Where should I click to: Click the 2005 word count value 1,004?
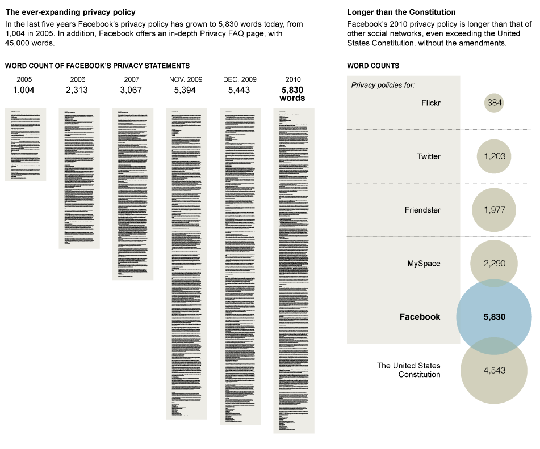click(24, 90)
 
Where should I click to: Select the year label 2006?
click(78, 79)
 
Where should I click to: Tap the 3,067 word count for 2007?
click(131, 90)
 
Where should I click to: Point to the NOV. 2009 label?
click(186, 79)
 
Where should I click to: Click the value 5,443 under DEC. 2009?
click(239, 90)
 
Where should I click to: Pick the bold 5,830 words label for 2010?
click(293, 94)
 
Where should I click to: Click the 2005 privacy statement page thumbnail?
click(26, 145)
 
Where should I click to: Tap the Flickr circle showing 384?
click(494, 103)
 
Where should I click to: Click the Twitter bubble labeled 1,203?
click(494, 156)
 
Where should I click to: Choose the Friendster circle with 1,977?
click(494, 210)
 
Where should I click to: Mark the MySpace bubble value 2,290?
click(494, 264)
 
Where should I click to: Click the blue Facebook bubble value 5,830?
click(494, 317)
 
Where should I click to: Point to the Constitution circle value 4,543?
click(494, 371)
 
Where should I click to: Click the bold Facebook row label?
click(420, 317)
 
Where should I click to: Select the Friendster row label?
click(422, 210)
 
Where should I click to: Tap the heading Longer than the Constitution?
click(401, 12)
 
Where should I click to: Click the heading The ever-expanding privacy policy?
click(70, 12)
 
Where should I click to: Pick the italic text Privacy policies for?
click(383, 86)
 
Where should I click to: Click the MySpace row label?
click(424, 264)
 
